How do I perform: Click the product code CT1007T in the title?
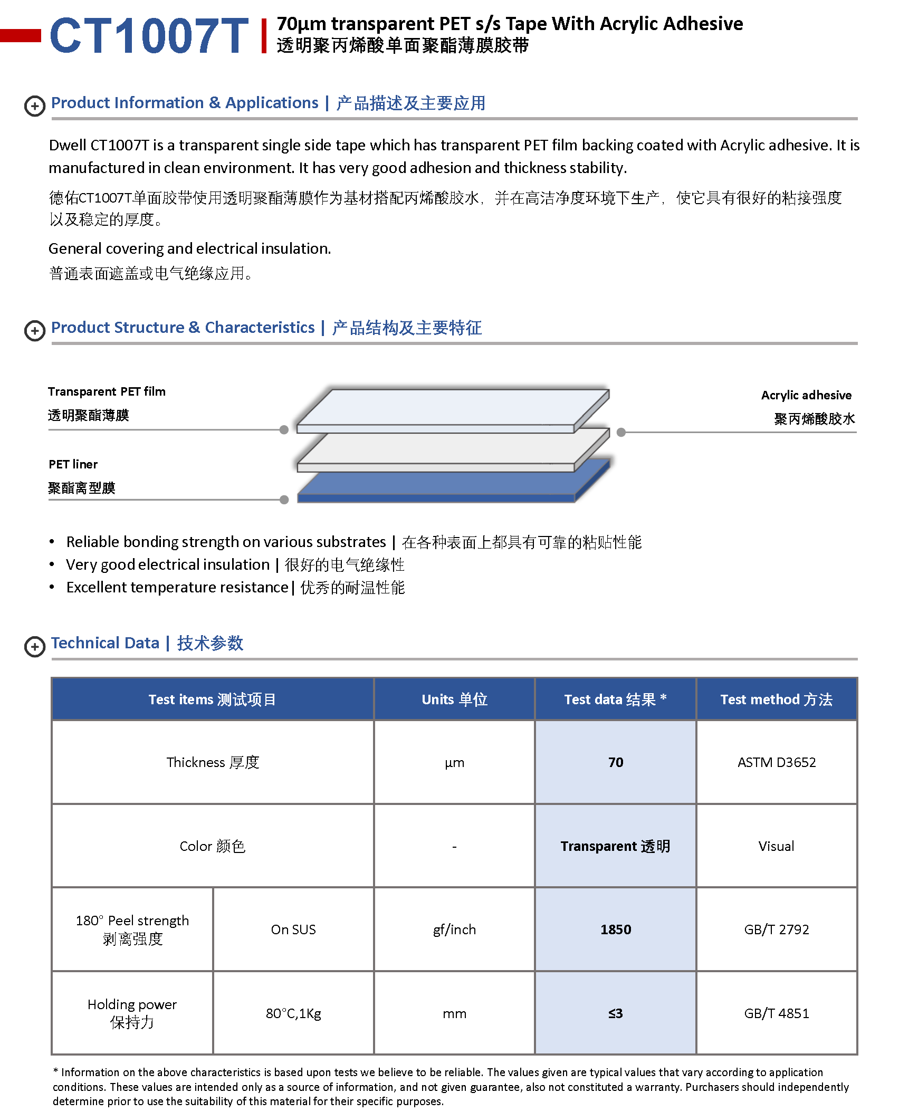pos(149,36)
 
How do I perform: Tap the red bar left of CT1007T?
pos(20,35)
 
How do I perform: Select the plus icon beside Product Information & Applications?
pos(35,106)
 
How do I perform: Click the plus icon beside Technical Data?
pos(35,646)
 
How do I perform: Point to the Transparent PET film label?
pos(107,391)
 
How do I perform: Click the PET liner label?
pos(73,464)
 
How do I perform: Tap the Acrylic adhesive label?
pos(806,395)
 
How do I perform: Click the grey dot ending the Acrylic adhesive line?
pos(621,432)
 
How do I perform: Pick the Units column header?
pos(454,699)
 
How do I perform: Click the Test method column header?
pos(776,699)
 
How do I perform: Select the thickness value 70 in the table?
pos(615,762)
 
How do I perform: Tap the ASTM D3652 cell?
pos(776,762)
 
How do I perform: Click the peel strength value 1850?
pos(615,929)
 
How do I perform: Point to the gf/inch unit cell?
pos(454,929)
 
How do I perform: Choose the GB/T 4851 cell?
pos(776,1013)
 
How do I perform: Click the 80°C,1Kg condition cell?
pos(293,1013)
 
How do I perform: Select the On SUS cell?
pos(293,929)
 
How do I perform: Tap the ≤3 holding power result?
pos(615,1013)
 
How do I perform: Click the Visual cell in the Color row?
pos(776,846)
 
